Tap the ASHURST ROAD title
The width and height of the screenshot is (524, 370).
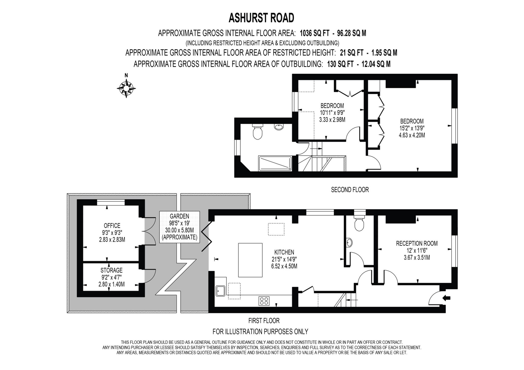point(261,18)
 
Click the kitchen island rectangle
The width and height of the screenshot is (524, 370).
point(250,260)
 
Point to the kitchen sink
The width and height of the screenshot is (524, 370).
point(221,291)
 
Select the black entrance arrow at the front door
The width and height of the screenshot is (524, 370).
point(447,298)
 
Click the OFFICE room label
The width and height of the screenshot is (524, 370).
point(112,226)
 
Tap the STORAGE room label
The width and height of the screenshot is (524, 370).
point(112,270)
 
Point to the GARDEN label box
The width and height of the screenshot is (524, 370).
point(179,227)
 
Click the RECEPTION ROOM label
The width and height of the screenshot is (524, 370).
point(417,243)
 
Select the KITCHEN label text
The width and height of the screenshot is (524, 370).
point(284,252)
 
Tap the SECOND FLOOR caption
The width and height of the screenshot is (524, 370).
point(350,190)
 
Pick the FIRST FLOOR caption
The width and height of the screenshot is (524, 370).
point(264,320)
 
